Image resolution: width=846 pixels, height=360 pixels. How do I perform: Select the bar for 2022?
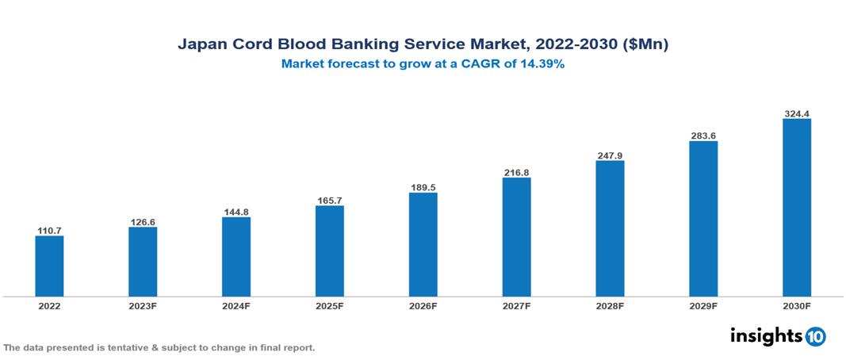pos(49,266)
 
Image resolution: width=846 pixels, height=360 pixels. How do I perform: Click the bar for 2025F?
pos(329,251)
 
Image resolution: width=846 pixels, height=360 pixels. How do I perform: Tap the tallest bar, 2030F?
pos(796,208)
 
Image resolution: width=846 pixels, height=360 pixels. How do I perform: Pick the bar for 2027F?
pos(516,237)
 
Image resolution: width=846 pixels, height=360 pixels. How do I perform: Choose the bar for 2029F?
pos(702,219)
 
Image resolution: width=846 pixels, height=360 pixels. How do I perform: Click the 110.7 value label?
pos(49,231)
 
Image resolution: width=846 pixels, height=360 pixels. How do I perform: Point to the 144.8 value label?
pos(236,213)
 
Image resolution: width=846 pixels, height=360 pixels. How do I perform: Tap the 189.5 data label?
pos(423,188)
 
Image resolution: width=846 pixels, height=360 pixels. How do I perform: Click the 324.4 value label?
pos(796,114)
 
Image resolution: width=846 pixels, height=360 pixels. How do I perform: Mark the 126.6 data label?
pos(143,222)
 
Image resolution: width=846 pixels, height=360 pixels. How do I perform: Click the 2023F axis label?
pos(143,305)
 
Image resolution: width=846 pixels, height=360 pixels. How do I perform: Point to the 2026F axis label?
pos(423,305)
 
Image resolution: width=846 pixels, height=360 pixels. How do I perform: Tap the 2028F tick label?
pos(610,305)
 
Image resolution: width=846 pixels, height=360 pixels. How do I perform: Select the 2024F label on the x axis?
pos(236,305)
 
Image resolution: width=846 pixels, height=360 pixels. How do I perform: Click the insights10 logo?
pos(777,335)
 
